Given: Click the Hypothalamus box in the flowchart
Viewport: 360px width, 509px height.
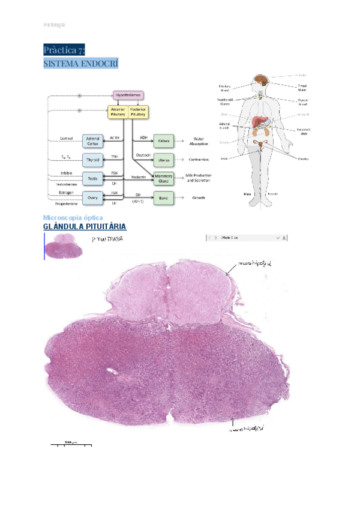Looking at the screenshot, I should pos(128,95).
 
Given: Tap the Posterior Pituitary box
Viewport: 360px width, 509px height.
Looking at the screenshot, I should pos(139,112).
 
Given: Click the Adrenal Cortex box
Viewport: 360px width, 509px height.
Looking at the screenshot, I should pos(92,140).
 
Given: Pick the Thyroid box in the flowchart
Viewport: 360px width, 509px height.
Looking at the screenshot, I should pos(92,159).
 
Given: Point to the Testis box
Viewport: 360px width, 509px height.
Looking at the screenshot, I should pos(92,178).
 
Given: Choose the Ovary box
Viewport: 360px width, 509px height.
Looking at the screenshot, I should pos(92,197).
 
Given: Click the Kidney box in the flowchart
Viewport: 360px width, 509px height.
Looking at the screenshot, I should pos(163,140).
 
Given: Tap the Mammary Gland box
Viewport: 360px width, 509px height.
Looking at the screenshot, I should pos(163,178).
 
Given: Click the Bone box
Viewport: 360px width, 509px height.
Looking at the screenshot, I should pos(163,197).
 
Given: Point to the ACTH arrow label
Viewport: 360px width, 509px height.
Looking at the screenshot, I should pos(114,137).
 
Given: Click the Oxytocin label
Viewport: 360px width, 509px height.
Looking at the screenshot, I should pos(142,155).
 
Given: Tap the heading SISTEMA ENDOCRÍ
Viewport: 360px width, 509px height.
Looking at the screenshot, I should pos(80,63).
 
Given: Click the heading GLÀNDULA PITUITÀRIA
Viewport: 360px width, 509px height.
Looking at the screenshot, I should pos(85,226).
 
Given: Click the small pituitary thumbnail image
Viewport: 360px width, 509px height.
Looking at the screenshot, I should pos(63,245).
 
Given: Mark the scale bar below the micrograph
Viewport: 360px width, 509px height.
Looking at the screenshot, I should pos(71,445).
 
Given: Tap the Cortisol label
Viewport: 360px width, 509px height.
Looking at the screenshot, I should pos(66,137).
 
